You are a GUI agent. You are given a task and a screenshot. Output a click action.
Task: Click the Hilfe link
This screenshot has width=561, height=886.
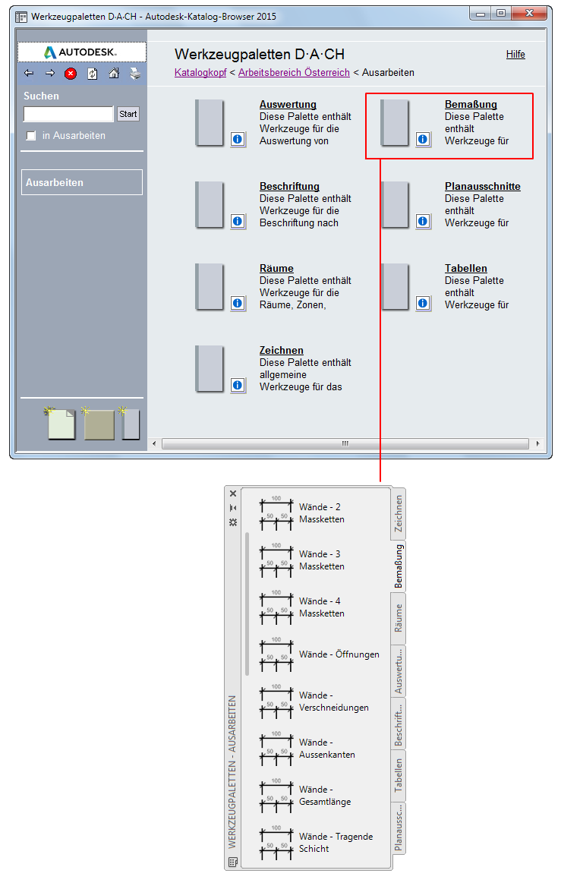coord(515,54)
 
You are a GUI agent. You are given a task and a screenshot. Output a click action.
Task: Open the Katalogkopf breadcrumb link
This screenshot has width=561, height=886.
coord(200,72)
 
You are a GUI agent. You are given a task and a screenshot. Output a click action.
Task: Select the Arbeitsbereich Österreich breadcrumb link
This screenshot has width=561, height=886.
coord(294,72)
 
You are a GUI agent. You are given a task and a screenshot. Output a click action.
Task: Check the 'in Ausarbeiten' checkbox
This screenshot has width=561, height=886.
coord(31,136)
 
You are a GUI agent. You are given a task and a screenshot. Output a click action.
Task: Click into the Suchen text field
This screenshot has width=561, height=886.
coord(68,114)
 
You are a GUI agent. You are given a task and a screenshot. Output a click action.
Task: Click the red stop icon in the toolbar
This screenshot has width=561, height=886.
coord(71,74)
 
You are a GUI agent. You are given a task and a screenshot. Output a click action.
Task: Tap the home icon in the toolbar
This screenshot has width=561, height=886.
coord(114,73)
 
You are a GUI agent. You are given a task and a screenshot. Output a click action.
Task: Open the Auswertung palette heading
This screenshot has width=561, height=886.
coord(288,105)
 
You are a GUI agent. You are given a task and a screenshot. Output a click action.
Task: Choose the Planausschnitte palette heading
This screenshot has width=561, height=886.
coord(483,187)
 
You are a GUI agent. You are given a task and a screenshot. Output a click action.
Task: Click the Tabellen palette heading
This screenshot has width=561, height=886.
coord(465,269)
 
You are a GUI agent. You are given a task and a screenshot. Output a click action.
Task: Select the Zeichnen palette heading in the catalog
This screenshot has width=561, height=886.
coord(282,350)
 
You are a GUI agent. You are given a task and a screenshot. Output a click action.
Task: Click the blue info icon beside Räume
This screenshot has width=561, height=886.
coord(238,304)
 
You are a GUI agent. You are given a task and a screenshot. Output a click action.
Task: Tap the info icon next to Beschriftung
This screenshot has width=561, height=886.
coord(238,222)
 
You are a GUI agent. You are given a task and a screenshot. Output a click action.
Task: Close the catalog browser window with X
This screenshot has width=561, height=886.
coord(529,13)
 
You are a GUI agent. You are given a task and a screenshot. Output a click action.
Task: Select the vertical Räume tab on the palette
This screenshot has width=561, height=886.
coord(399,618)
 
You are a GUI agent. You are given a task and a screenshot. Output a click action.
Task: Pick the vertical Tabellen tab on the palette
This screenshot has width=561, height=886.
coord(399,775)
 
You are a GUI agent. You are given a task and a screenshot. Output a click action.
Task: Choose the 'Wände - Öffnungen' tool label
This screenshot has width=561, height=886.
coord(339,654)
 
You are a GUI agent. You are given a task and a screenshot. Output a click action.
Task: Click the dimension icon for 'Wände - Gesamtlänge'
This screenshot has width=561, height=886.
coord(276,796)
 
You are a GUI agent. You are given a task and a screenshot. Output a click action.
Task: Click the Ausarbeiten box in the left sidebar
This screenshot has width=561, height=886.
coord(82,182)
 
